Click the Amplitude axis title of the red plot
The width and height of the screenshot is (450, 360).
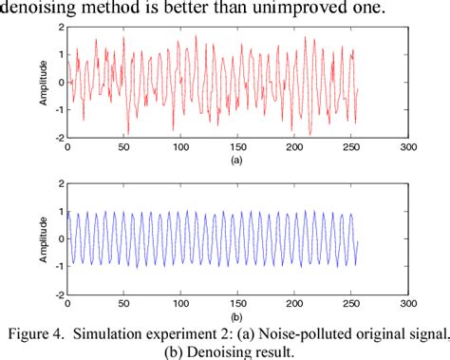point(42,83)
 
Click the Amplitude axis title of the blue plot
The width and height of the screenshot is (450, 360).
point(42,238)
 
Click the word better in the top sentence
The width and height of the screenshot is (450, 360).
point(191,9)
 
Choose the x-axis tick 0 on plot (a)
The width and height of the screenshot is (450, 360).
point(66,148)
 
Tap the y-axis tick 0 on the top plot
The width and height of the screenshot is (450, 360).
point(59,82)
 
